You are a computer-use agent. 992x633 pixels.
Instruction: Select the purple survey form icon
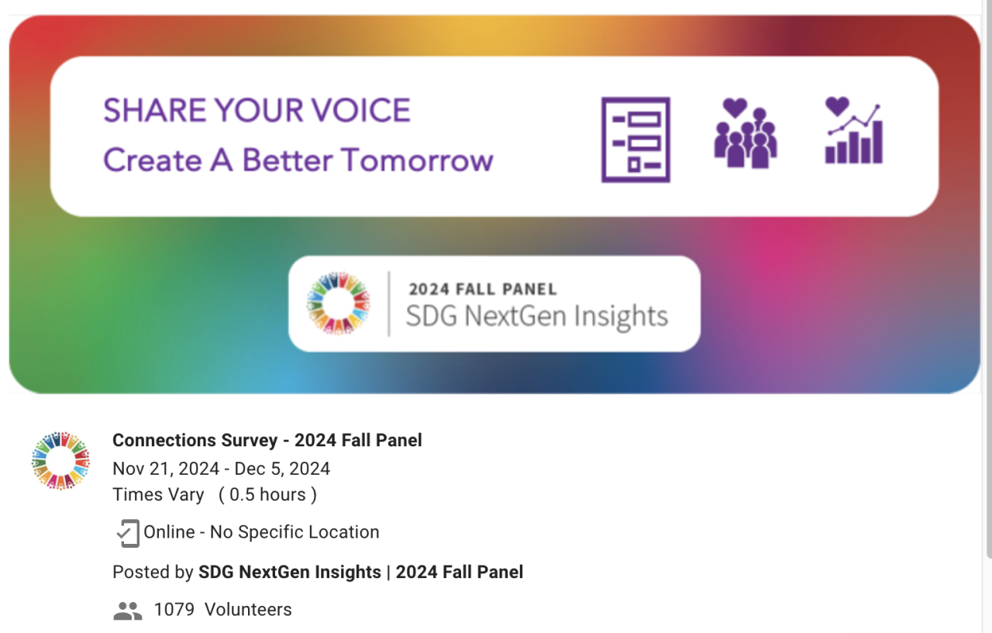(635, 139)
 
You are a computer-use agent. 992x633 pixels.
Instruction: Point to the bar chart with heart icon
(854, 130)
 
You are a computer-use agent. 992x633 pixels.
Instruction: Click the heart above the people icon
(735, 108)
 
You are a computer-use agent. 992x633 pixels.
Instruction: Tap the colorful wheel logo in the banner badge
(339, 304)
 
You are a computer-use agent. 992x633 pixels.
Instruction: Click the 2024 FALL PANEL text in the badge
(483, 289)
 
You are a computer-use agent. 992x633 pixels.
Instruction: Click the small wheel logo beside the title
(60, 460)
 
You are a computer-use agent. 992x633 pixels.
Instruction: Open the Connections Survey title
(267, 440)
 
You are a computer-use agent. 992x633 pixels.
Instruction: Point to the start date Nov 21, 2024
(166, 469)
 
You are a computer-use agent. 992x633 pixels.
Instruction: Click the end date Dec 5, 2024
(282, 469)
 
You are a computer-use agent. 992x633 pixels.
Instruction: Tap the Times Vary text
(158, 494)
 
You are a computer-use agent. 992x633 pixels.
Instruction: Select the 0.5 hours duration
(267, 494)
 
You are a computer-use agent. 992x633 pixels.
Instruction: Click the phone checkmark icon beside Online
(128, 533)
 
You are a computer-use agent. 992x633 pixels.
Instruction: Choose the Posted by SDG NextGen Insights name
(290, 572)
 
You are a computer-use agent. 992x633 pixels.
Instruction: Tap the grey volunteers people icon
(128, 611)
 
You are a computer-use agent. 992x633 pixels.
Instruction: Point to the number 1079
(174, 610)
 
